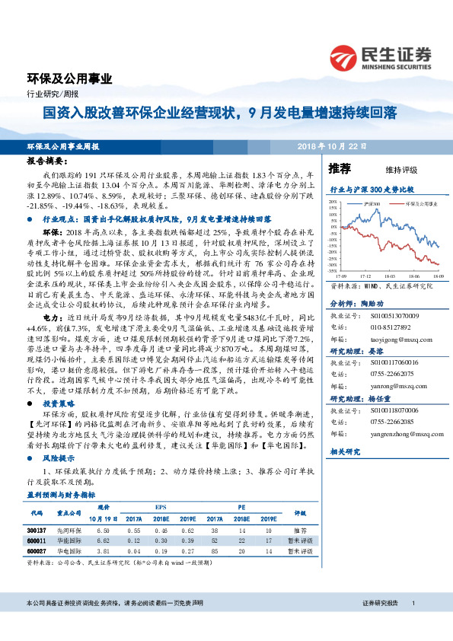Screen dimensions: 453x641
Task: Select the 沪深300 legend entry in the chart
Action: click(x=371, y=205)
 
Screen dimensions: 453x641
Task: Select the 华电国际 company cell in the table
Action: click(x=69, y=550)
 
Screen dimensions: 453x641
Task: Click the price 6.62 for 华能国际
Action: click(x=104, y=539)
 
